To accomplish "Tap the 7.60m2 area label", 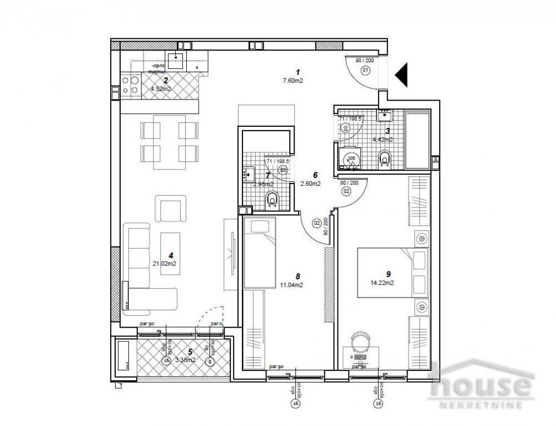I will (x=297, y=80).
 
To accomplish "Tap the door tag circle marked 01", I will (x=365, y=70).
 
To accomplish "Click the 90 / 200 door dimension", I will (x=365, y=60).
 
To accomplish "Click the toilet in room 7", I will (x=272, y=199).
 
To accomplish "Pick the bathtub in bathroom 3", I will (x=417, y=138).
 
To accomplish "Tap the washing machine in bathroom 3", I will (x=350, y=159).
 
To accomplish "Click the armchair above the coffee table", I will (x=172, y=209).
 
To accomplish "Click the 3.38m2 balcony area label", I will (x=185, y=359).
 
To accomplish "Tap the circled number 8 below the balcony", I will (x=210, y=361).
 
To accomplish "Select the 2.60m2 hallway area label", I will (x=310, y=184).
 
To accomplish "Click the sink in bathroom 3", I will (x=385, y=116).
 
